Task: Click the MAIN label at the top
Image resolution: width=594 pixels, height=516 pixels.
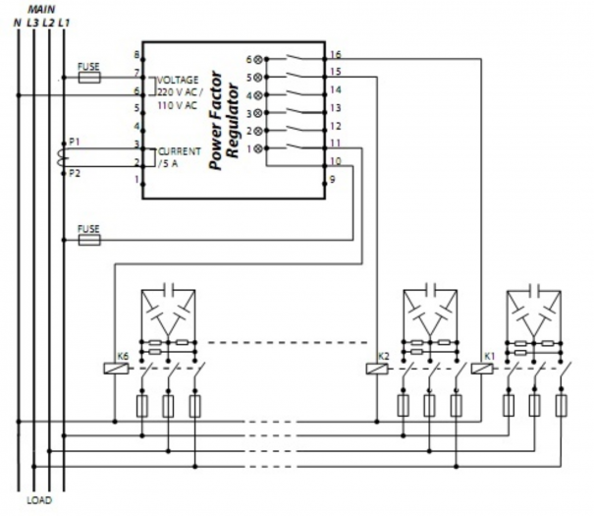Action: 40,8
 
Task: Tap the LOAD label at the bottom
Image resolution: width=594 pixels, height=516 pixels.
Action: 38,500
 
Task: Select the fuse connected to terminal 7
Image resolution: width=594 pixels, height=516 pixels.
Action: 89,75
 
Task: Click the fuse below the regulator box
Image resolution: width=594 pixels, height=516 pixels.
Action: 89,239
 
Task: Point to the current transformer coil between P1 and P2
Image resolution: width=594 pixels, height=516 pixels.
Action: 65,156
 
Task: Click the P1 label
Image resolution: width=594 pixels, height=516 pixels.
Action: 75,143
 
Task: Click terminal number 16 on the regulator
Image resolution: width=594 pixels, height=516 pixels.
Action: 336,55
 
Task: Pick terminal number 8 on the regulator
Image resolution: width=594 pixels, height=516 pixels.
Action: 136,55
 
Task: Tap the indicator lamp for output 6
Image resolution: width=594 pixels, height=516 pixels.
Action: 260,59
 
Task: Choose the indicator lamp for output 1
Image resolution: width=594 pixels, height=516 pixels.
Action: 260,148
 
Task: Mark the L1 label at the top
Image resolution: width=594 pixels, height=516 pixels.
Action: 64,21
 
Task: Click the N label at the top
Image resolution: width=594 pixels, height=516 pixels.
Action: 18,21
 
